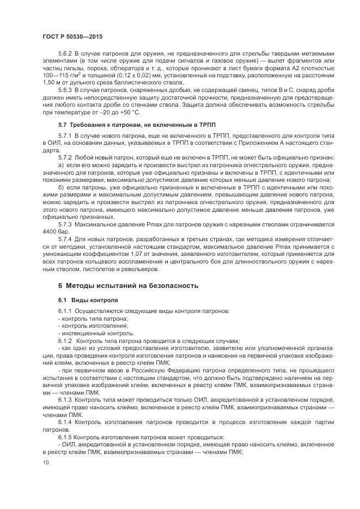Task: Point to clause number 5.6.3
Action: point(65,88)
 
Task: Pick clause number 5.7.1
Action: point(65,134)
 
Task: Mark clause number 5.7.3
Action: point(65,224)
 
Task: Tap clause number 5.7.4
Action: point(65,239)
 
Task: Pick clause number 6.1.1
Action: point(65,311)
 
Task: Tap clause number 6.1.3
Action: point(65,400)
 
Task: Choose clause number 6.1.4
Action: point(65,422)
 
